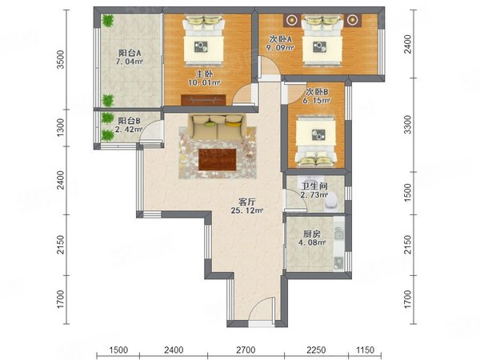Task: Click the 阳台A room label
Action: (x=130, y=53)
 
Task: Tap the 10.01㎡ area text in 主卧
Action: (x=204, y=82)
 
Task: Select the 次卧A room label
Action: (x=281, y=39)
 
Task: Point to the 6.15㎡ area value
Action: (x=317, y=100)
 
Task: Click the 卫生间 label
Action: (x=314, y=186)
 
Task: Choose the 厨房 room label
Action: (x=312, y=234)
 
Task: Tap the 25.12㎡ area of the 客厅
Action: (x=247, y=210)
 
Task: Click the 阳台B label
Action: (x=129, y=121)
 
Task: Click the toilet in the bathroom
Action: (x=331, y=202)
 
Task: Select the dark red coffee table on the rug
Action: (x=218, y=159)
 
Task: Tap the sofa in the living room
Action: (x=218, y=126)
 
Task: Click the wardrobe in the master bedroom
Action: (x=203, y=100)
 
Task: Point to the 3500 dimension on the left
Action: (x=61, y=59)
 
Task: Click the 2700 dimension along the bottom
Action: (x=246, y=350)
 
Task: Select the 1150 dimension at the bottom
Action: (x=366, y=350)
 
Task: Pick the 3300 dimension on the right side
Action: (x=407, y=125)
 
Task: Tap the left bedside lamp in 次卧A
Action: (x=292, y=20)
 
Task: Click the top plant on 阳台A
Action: (x=107, y=21)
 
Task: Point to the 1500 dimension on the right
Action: (x=407, y=193)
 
